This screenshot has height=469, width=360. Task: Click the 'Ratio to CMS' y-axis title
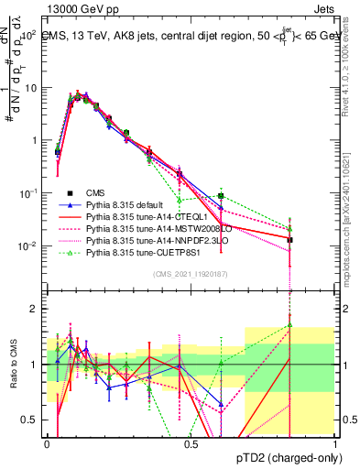(12, 365)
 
